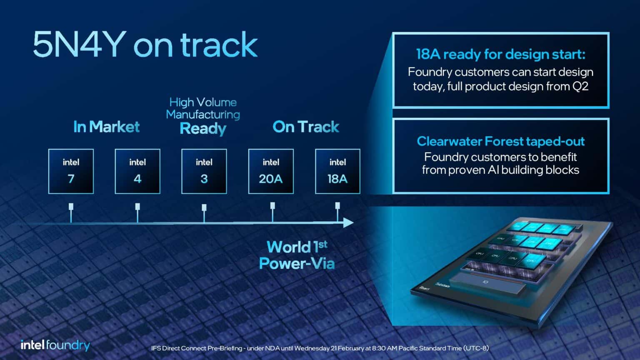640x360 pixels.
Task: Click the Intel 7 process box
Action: pos(71,171)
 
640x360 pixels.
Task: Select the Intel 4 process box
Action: pos(137,171)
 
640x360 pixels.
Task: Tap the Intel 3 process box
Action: pos(204,171)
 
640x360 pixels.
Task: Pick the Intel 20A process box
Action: pos(271,171)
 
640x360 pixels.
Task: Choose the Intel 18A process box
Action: pos(337,171)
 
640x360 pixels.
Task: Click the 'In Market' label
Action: pos(106,127)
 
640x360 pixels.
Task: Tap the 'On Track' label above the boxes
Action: pos(306,127)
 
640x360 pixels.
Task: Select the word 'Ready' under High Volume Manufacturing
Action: pos(203,129)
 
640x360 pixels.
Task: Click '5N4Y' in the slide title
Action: pos(79,45)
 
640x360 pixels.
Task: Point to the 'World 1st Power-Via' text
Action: pos(297,255)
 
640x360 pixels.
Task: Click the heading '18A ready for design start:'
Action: pos(500,54)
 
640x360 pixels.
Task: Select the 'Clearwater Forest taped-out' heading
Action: pos(500,141)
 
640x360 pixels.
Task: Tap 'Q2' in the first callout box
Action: pos(580,87)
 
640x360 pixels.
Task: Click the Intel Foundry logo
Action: pos(55,345)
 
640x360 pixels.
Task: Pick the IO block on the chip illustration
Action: pos(485,282)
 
